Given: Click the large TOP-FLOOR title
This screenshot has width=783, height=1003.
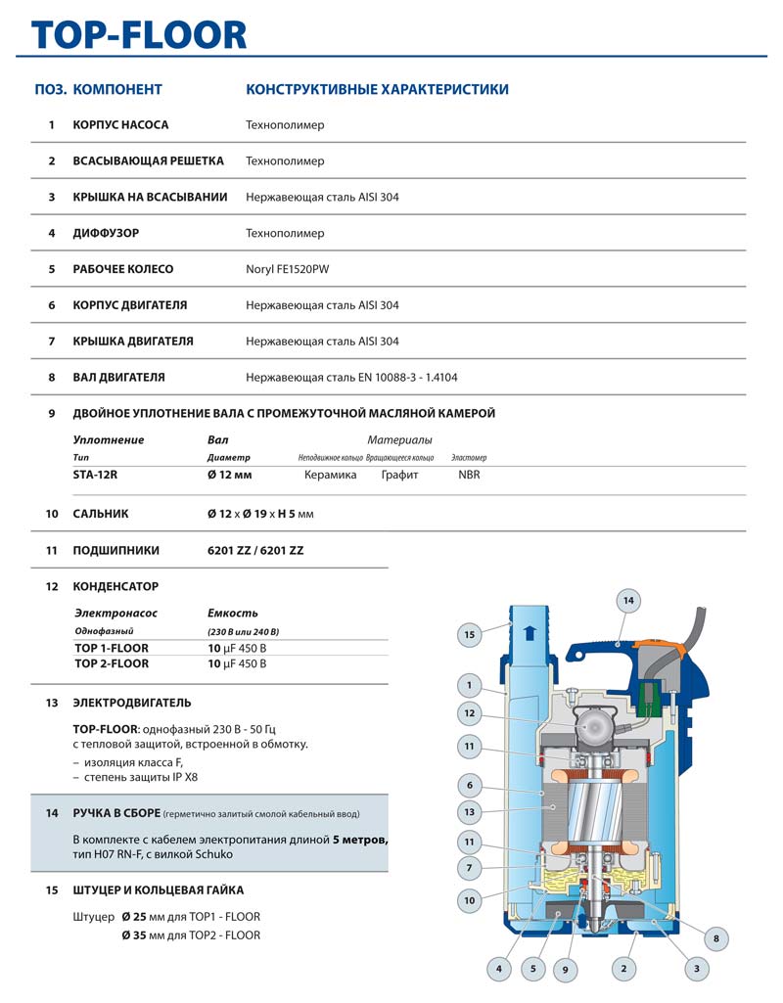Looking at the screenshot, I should [139, 34].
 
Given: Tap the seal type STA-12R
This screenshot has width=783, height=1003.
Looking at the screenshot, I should [102, 475].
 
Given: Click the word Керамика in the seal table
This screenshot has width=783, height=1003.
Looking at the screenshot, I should [330, 475].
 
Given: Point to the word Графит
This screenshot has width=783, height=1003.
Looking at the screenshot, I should [399, 475].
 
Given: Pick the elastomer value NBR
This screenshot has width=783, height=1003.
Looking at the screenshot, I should [469, 475].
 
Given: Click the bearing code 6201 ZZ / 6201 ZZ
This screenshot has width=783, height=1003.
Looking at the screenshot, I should [255, 550].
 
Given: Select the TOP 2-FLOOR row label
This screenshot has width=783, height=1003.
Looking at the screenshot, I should [112, 663].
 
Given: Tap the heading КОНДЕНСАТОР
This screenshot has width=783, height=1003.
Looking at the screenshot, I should [115, 586].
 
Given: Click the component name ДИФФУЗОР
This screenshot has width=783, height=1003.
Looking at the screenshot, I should [106, 233].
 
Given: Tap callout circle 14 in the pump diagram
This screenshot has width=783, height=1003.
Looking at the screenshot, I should [628, 600].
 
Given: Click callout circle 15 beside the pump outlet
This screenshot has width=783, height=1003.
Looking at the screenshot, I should [469, 635].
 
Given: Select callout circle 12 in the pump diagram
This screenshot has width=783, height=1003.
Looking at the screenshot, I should [470, 713].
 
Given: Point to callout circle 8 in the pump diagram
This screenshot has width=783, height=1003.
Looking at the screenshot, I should [716, 939].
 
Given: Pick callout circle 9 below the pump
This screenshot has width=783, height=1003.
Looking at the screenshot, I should [566, 969].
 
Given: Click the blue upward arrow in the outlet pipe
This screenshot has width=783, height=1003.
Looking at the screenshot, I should [530, 632].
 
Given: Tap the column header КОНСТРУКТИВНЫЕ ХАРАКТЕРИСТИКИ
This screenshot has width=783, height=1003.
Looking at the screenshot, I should [377, 89].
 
